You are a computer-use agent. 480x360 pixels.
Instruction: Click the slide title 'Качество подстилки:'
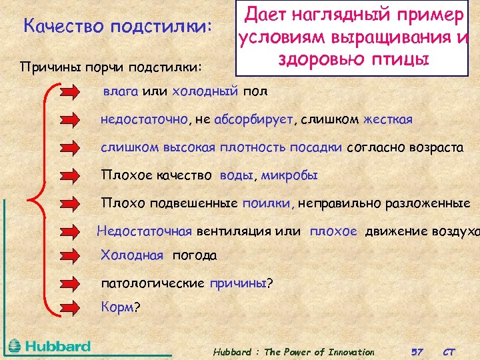click(117, 27)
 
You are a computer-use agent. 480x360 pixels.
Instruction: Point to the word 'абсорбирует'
click(254, 119)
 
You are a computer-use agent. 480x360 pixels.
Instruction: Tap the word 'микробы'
click(289, 175)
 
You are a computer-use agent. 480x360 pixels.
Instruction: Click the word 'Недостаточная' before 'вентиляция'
click(144, 231)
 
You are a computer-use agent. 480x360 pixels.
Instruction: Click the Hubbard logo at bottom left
click(50, 346)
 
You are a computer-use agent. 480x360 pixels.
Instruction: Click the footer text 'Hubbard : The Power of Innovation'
click(293, 351)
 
